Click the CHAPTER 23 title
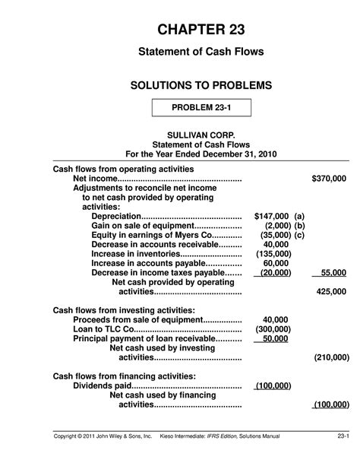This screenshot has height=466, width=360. pyautogui.click(x=202, y=30)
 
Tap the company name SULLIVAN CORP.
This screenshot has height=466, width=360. pyautogui.click(x=202, y=133)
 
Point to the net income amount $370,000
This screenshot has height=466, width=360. pyautogui.click(x=329, y=178)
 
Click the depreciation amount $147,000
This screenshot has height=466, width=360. pyautogui.click(x=271, y=216)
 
